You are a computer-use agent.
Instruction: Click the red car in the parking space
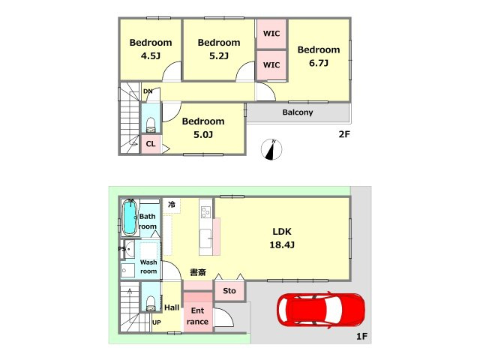point(320,310)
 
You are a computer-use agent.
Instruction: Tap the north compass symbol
point(271,149)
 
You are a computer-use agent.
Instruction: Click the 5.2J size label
point(219,56)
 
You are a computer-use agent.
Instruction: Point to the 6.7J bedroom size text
point(319,63)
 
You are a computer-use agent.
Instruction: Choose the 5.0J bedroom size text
point(203,135)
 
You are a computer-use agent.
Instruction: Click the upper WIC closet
point(271,34)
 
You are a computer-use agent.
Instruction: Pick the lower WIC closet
point(271,65)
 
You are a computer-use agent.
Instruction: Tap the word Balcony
point(298,112)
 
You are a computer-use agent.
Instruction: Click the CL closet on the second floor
point(151,144)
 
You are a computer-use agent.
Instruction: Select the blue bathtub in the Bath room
point(130,217)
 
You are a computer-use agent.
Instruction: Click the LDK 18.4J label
point(282,238)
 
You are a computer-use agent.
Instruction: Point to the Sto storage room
point(229,291)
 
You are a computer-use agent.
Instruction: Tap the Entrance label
point(197,316)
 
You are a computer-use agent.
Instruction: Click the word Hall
point(172,307)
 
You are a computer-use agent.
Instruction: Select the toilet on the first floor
point(151,303)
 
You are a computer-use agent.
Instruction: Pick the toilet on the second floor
point(151,125)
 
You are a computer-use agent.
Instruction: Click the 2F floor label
point(344,134)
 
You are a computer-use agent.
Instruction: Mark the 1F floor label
point(361,337)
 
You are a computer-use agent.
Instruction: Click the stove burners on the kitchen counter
point(205,212)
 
